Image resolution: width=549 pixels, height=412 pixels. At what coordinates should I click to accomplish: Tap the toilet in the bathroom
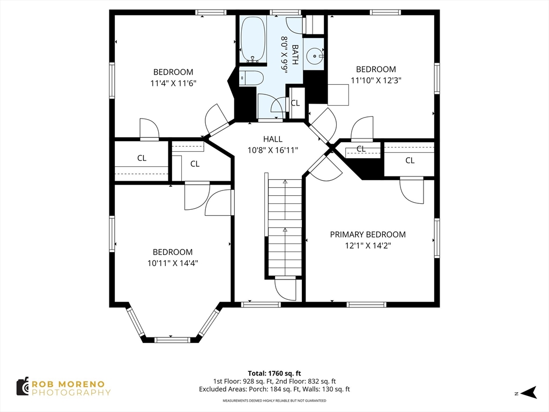pos(251,78)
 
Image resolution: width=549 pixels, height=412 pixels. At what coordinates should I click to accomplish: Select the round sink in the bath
pos(314,54)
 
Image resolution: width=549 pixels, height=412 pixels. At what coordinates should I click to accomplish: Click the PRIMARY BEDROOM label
pos(367,234)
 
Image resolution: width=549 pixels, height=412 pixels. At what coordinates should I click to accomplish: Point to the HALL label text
pos(272,139)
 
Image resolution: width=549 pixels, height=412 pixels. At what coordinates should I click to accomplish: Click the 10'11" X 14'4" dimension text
pos(173,263)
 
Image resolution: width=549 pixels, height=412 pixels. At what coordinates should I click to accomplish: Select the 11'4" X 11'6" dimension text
pos(173,83)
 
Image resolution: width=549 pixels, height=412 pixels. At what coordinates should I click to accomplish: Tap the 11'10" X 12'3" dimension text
pos(376,80)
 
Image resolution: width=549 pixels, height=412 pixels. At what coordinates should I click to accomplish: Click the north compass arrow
pos(529,393)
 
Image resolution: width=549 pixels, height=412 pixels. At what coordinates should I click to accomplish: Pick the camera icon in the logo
pos(22,386)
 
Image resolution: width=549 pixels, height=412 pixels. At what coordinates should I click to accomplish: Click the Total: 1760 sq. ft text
pos(274,373)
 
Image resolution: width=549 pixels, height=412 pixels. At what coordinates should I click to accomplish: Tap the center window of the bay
pos(172,340)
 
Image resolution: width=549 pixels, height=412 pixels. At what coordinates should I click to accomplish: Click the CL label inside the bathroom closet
pos(295,102)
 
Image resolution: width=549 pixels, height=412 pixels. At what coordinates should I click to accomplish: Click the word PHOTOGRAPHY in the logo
pos(71,393)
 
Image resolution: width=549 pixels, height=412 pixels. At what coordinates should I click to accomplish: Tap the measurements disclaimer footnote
pos(274,401)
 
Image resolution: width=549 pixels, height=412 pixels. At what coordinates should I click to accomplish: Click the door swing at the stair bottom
pos(285,290)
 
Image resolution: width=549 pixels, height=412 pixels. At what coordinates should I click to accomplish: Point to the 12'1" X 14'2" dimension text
pos(367,246)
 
